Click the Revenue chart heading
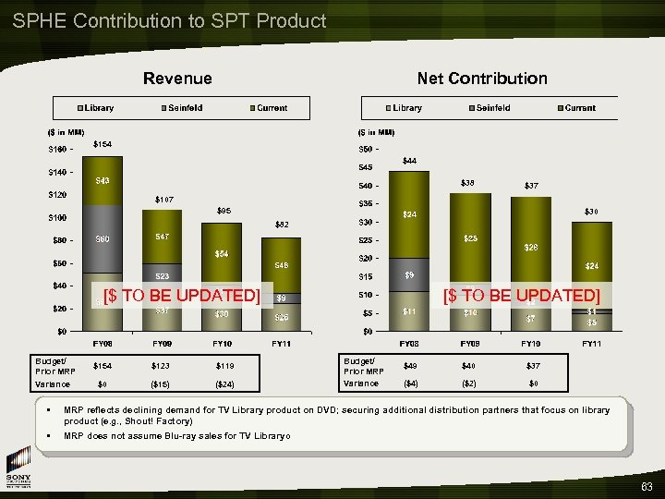(176, 79)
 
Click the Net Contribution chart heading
(482, 79)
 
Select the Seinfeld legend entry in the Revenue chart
(186, 108)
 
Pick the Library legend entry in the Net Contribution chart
(403, 108)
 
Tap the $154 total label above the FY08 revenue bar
(103, 144)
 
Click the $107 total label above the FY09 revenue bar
(163, 199)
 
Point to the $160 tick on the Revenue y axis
(59, 150)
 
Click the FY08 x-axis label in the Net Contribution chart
(409, 344)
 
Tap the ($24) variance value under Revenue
(224, 383)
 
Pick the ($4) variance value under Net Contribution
(410, 383)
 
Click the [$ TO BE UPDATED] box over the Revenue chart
(180, 296)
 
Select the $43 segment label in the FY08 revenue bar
(103, 181)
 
